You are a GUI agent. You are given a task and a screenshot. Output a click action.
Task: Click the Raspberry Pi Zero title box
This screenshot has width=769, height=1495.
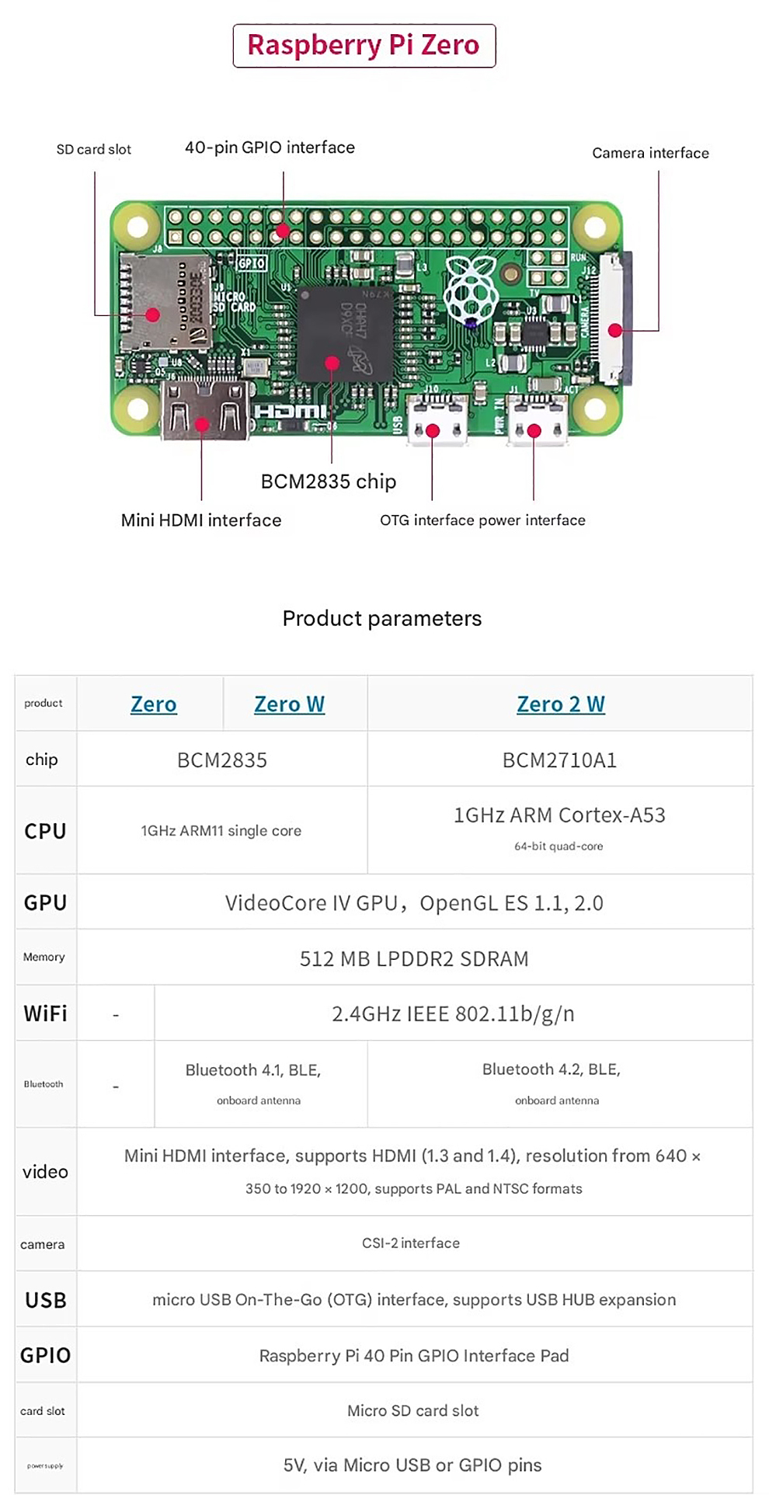click(x=364, y=45)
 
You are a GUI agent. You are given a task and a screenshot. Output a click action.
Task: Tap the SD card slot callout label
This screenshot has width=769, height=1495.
click(x=94, y=149)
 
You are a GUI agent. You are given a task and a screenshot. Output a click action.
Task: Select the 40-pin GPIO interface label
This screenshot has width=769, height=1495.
click(x=270, y=148)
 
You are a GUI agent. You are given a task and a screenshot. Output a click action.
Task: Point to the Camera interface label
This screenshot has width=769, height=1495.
click(x=650, y=153)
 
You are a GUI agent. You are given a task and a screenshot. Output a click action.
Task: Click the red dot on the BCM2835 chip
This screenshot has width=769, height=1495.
click(x=332, y=363)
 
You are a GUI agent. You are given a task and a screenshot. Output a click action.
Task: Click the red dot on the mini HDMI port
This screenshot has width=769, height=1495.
click(x=202, y=424)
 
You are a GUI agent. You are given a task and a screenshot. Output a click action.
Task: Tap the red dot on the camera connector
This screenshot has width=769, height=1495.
click(x=615, y=330)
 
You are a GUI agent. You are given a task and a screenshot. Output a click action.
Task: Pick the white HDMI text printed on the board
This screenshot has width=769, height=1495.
click(x=291, y=412)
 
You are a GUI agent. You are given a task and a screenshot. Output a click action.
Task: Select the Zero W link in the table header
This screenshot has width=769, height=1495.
click(x=289, y=704)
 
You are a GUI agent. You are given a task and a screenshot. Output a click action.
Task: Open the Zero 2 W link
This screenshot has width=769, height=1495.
click(x=560, y=704)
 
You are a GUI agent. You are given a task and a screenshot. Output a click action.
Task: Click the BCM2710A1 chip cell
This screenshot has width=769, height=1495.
click(x=559, y=760)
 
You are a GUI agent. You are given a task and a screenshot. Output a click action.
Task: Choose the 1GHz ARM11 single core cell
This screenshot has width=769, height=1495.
click(x=221, y=830)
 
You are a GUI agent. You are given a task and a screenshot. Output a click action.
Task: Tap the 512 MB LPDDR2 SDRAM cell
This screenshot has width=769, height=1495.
click(x=414, y=958)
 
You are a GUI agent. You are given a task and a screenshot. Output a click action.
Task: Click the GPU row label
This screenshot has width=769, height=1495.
click(x=45, y=902)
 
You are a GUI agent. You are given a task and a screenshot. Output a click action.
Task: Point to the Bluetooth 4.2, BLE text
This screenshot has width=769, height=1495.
click(x=552, y=1069)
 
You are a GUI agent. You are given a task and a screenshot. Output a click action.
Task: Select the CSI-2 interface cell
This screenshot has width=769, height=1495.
click(x=411, y=1243)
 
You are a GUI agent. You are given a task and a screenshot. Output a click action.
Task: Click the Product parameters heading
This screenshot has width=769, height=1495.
click(x=382, y=618)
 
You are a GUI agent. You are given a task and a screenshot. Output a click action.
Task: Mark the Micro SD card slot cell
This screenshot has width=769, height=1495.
click(x=413, y=1410)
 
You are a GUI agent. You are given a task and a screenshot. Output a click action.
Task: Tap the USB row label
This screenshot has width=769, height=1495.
click(x=45, y=1300)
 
